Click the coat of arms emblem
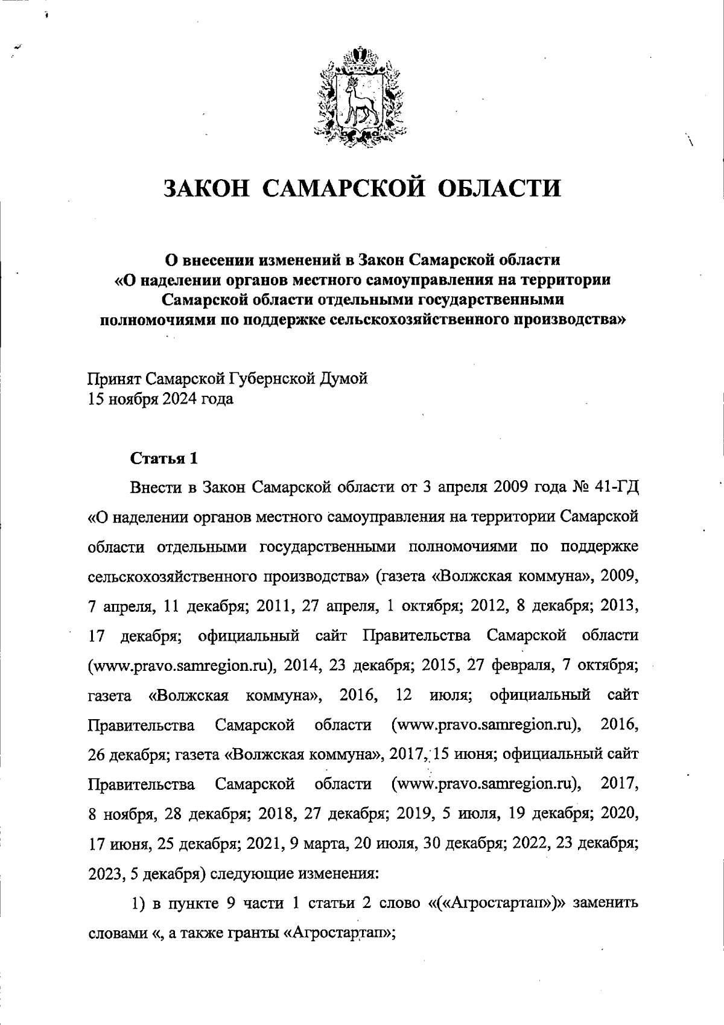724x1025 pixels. click(x=361, y=97)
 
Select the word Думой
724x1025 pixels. click(x=345, y=379)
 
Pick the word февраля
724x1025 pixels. click(x=519, y=666)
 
